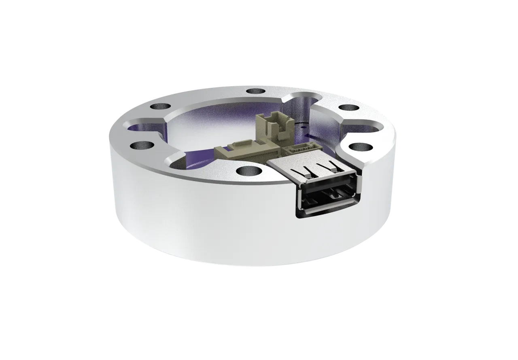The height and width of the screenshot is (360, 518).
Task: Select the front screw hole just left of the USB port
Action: coord(246,172)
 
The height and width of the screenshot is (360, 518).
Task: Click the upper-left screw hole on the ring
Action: coord(158,108)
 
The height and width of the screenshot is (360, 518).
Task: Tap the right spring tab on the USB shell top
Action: coord(333,165)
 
